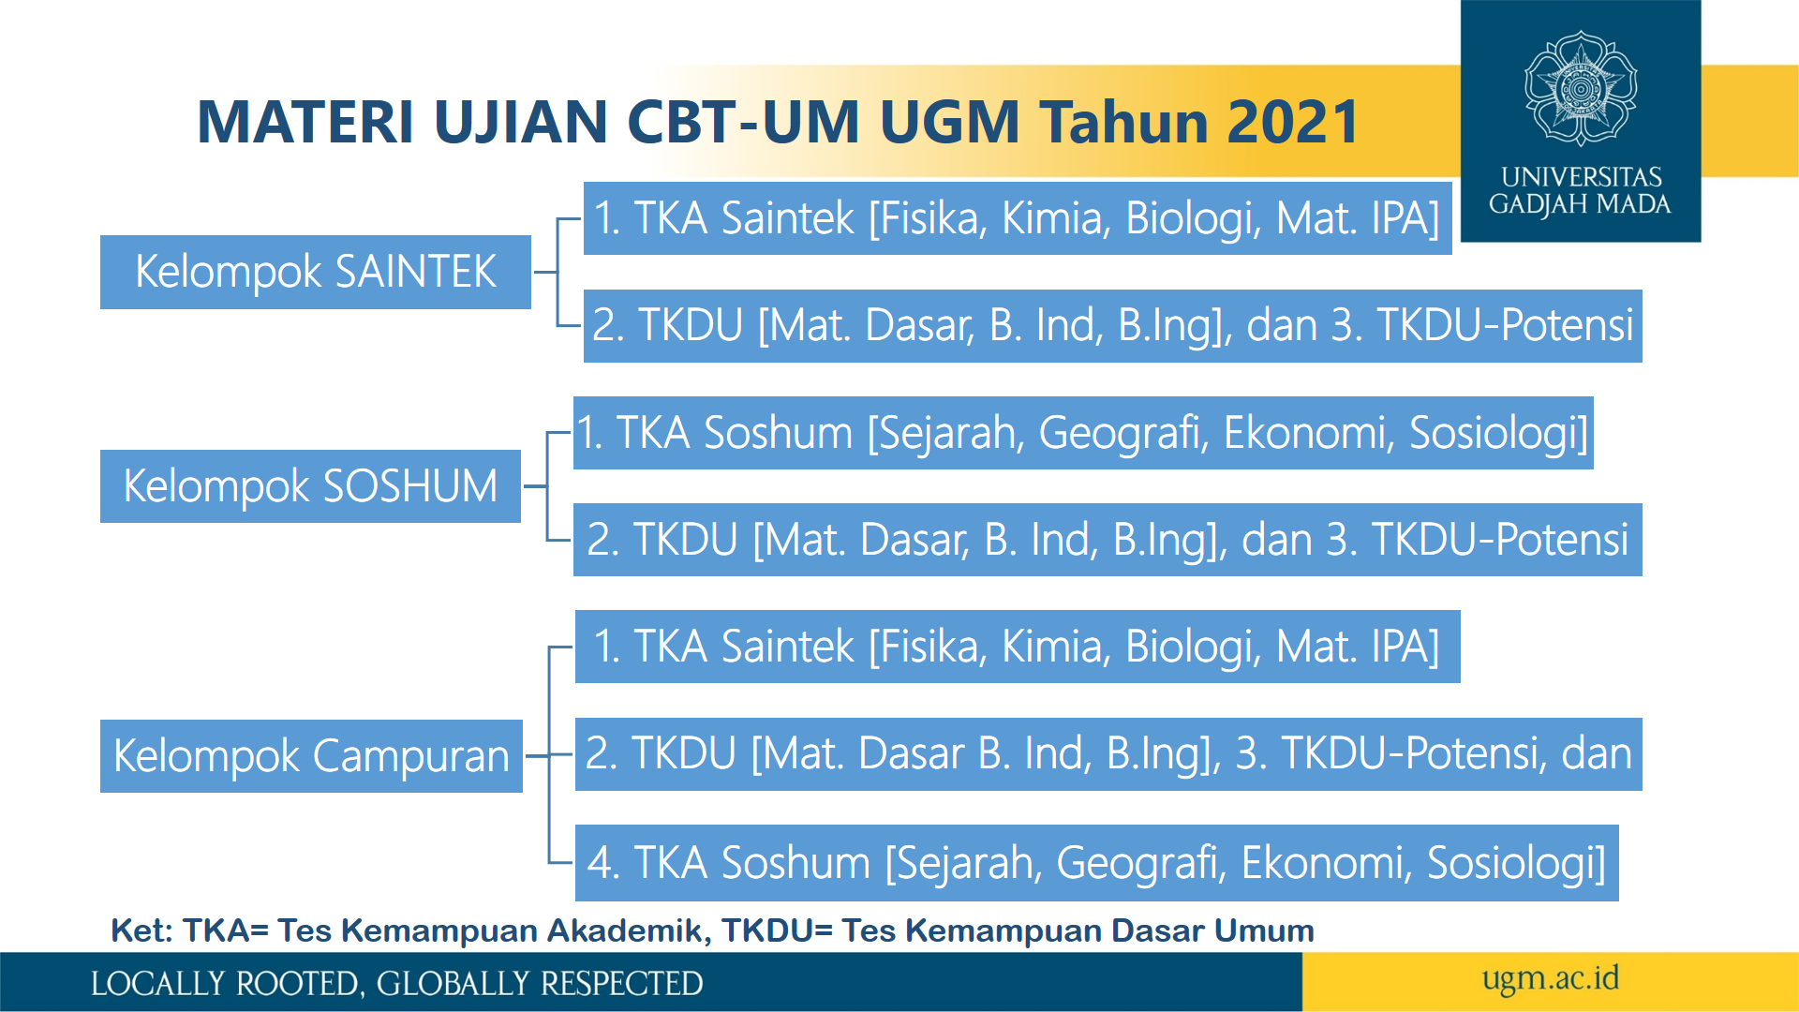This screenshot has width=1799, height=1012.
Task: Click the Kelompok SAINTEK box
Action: click(316, 272)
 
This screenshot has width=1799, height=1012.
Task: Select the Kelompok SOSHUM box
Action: click(310, 486)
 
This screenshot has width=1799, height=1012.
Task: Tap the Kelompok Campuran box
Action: click(311, 756)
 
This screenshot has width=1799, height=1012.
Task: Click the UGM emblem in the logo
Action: click(1581, 89)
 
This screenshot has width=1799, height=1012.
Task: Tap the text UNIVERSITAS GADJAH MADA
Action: click(1581, 190)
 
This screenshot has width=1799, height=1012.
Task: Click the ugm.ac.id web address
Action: click(1551, 979)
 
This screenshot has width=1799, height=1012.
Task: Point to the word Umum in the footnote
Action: click(1265, 930)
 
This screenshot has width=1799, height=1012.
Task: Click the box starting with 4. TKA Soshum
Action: click(1096, 863)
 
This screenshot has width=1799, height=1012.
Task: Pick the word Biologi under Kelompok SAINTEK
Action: click(1193, 218)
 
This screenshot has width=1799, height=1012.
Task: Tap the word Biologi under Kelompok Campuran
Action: click(1193, 647)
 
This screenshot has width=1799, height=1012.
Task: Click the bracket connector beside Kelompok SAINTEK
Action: click(558, 273)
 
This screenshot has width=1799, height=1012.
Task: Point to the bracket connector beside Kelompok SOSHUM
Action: click(547, 486)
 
